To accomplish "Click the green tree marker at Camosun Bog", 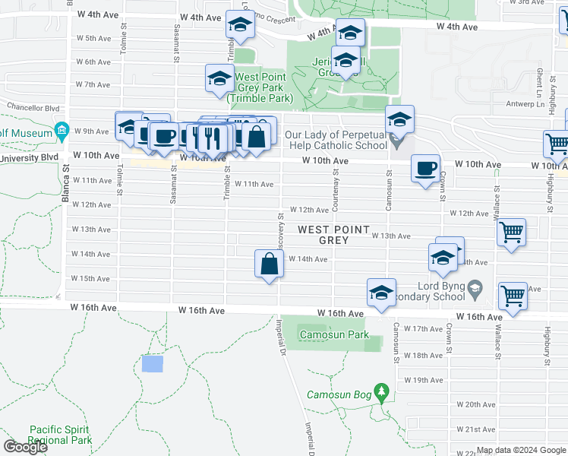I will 382,393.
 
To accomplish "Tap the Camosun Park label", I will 333,334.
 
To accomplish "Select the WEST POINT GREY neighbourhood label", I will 333,235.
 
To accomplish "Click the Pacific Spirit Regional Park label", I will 61,435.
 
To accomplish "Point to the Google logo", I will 25,447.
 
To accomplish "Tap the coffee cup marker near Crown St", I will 425,168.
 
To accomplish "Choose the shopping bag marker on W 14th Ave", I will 270,265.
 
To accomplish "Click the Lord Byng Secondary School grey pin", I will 475,288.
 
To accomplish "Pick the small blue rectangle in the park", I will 152,363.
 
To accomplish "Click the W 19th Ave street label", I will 424,380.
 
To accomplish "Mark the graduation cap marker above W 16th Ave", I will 381,293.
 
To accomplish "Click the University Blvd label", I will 30,158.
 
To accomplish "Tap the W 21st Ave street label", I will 481,429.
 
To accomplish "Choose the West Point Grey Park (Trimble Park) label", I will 260,87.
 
